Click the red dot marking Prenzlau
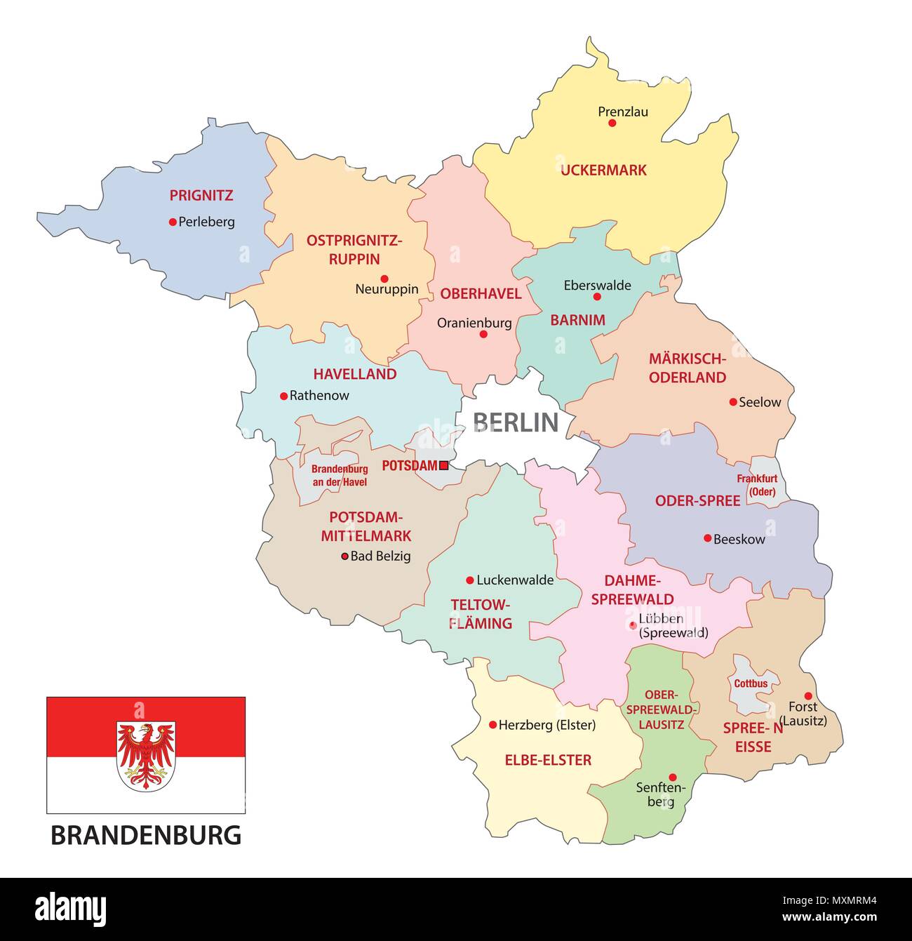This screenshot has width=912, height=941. point(612,123)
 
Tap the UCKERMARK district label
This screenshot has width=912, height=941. point(603,170)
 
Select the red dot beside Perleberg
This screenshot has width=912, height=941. point(173,222)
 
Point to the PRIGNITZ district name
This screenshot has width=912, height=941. point(201,196)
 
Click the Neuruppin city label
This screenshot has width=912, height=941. point(387,288)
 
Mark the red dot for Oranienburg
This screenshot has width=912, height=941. point(483,334)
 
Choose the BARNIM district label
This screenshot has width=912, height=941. point(577,320)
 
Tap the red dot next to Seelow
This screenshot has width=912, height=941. point(733,402)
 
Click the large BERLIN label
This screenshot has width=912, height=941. point(516,422)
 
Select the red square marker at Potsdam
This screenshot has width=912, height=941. point(443,465)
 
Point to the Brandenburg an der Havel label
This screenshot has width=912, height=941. point(340,476)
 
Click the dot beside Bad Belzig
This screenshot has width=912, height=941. point(344,556)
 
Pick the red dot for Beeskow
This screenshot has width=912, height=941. point(707,538)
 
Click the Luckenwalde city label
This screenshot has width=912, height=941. point(515,580)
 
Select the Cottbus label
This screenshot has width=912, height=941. point(751,683)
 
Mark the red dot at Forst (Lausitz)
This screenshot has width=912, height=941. point(807,696)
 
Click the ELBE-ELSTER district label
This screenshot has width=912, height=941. point(548,760)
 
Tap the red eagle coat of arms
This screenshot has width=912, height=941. point(146,756)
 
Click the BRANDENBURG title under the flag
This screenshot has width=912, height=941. point(146,835)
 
